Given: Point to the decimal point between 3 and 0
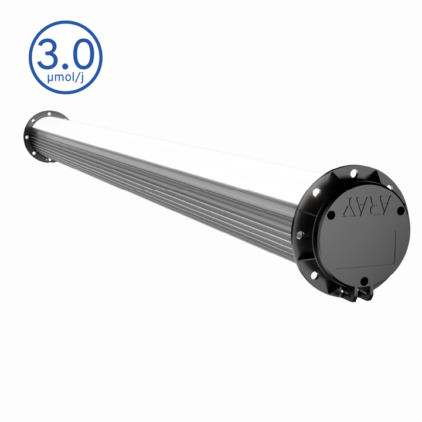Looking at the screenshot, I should (x=64, y=67).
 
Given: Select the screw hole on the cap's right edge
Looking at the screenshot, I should (x=401, y=210).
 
